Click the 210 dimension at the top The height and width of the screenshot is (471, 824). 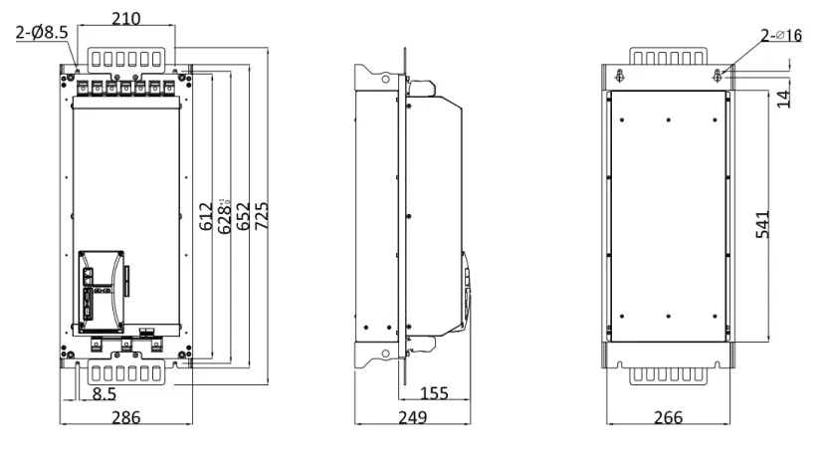point(126,19)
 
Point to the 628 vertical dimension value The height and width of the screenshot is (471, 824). point(225,214)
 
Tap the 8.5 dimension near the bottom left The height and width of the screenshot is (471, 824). point(103,395)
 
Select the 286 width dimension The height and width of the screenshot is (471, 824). point(125,417)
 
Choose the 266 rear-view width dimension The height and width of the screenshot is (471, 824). point(669,417)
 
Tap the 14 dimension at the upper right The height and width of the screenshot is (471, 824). point(783,98)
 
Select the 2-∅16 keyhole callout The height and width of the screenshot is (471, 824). point(780,36)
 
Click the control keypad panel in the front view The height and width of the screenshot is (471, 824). point(101,289)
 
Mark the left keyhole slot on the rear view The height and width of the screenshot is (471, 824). point(621,76)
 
